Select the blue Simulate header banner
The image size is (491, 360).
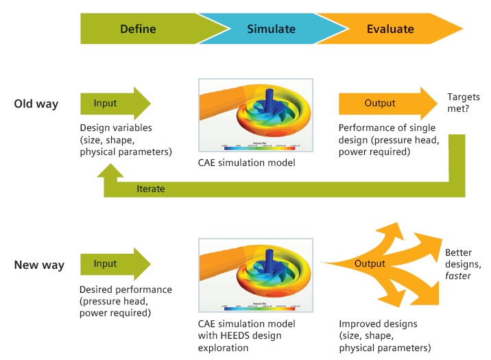[272, 29]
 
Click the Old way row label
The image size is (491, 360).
[36, 104]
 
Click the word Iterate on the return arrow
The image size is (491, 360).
[150, 189]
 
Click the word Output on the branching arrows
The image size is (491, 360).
[370, 264]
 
